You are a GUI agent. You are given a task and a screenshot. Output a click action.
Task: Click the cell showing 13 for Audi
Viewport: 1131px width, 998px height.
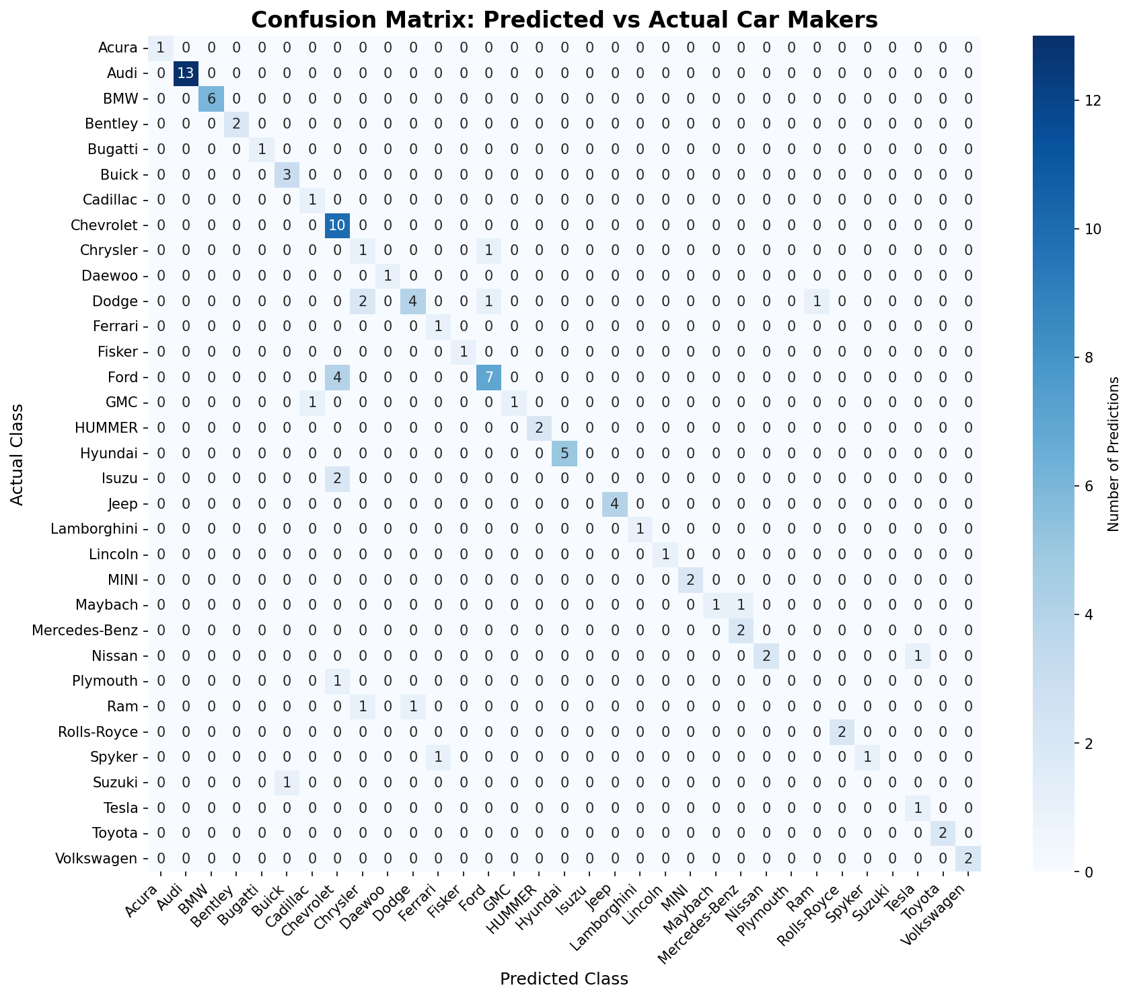click(x=186, y=73)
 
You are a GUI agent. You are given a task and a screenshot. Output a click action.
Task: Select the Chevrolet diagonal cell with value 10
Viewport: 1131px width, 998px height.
click(x=337, y=225)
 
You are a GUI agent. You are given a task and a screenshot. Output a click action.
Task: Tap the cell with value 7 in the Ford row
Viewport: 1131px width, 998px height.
click(x=489, y=377)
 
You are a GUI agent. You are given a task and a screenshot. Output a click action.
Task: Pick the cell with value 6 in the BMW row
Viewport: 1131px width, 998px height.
click(x=211, y=98)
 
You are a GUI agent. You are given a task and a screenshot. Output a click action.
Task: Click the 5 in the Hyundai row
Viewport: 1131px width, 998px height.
click(x=564, y=453)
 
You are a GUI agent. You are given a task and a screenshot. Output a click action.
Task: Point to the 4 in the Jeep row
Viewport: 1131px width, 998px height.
click(x=615, y=503)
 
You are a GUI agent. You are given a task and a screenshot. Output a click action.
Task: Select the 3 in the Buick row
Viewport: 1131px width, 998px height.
click(x=287, y=174)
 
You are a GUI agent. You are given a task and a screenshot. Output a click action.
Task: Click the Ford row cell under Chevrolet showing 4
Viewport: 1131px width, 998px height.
click(x=337, y=377)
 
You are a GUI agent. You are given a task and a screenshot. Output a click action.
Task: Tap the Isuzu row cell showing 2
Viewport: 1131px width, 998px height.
click(x=337, y=478)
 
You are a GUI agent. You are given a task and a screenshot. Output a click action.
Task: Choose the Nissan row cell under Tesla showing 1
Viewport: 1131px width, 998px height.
click(x=918, y=655)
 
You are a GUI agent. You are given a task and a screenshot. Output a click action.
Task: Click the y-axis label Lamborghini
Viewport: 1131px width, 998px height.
click(x=95, y=529)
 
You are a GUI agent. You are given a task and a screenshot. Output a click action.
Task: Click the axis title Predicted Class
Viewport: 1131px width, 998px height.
click(x=564, y=978)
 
